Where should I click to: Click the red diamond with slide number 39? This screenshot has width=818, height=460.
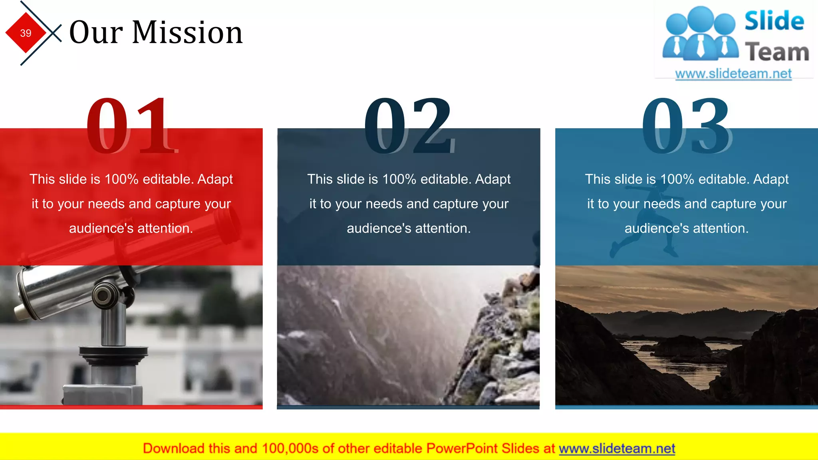pos(26,33)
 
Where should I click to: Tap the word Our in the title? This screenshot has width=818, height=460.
pos(96,32)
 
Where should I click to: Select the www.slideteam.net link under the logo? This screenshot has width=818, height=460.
pos(733,74)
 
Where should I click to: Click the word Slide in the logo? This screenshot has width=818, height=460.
pos(774,21)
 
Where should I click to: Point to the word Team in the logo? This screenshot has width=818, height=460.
pos(777,52)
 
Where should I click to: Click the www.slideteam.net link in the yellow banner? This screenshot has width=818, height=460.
pos(617,449)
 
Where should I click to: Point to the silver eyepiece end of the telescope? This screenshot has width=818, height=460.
pos(26,295)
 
